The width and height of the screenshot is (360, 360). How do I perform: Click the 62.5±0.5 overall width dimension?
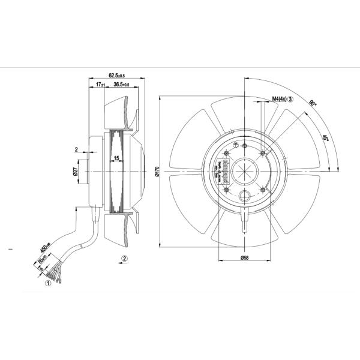coord(116,75)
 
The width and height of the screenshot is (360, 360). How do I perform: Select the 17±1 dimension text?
coord(101,86)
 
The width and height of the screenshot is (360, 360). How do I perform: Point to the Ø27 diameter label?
coord(76,171)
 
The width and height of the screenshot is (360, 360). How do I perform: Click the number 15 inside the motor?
coord(116,158)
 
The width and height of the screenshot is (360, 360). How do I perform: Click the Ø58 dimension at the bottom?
coord(245,257)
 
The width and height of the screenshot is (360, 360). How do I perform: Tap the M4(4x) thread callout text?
coord(279,98)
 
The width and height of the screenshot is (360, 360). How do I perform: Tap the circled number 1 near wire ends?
coord(47,286)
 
